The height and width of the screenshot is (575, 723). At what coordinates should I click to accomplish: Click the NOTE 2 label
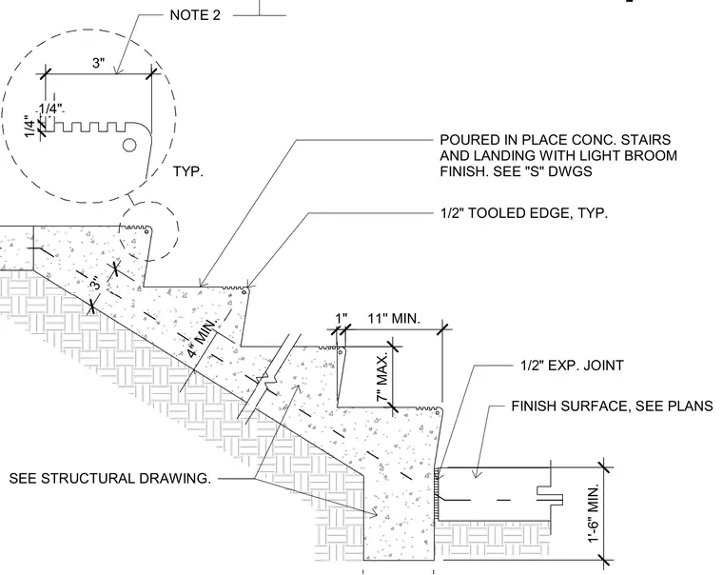tap(195, 15)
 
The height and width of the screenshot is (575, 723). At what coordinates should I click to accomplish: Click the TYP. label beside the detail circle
tap(188, 171)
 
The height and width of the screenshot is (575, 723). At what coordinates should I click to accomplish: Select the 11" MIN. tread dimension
tap(394, 318)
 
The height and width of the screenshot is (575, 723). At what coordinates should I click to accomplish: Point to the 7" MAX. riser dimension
tap(382, 378)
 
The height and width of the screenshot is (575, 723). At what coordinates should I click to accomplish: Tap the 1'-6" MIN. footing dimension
tap(594, 513)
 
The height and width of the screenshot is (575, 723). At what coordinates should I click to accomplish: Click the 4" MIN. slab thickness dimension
tap(202, 338)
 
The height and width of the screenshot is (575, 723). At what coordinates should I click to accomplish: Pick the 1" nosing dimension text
tap(342, 318)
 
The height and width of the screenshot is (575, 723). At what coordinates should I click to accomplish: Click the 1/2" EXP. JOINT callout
tap(572, 366)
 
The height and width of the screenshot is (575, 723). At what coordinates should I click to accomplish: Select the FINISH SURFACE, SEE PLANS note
tap(612, 406)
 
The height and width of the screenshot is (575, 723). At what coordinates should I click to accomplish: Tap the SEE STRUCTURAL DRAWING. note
tap(109, 479)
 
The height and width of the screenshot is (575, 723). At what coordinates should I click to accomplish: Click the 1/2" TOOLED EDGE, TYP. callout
tap(524, 213)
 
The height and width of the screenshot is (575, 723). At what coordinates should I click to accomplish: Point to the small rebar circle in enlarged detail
tap(129, 146)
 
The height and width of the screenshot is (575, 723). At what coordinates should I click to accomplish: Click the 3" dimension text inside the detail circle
tap(99, 63)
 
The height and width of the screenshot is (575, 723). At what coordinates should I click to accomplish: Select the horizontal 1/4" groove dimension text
tap(50, 109)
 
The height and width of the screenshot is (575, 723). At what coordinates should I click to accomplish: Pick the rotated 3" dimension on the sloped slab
tap(94, 283)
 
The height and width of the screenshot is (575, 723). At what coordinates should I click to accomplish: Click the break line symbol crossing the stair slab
tap(268, 378)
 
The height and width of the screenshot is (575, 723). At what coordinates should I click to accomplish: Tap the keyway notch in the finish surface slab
tap(550, 495)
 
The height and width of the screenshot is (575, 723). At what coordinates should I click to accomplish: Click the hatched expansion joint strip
tap(437, 494)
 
